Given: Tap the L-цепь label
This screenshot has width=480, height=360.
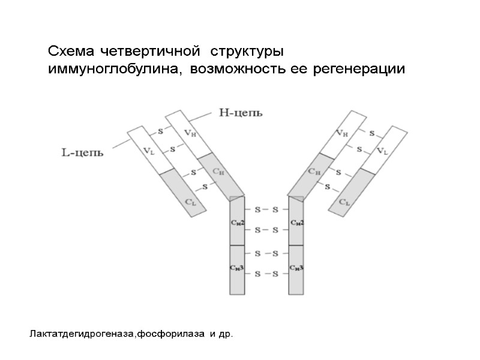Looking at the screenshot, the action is (82, 152).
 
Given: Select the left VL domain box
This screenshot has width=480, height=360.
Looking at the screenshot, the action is (147, 150).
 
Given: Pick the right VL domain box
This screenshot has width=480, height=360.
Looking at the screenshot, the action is (382, 150).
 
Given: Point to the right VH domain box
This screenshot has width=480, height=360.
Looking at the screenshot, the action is (342, 133).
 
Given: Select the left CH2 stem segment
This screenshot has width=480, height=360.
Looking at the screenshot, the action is (237, 222).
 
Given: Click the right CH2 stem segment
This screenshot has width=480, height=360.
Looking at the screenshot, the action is (296, 222).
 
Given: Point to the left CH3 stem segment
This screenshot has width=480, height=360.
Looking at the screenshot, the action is (237, 269).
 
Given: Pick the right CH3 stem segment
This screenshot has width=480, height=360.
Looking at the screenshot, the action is (296, 269).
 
